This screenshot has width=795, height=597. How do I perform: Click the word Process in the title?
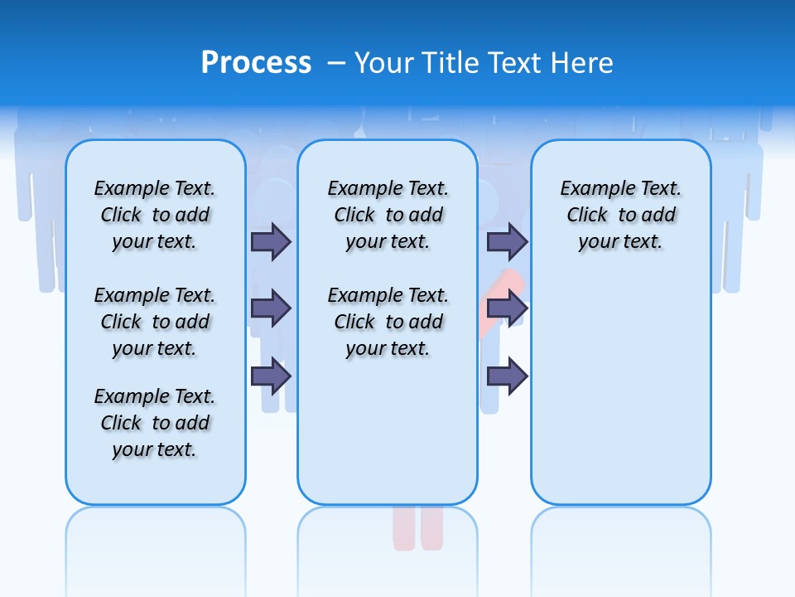click(x=256, y=63)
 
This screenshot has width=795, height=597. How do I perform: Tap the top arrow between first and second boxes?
click(x=271, y=241)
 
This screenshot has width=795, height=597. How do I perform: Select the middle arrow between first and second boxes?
click(x=271, y=308)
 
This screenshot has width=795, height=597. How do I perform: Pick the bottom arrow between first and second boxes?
click(x=271, y=376)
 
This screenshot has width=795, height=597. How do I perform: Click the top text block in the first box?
click(x=155, y=215)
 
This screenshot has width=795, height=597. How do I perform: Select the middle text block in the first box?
click(x=155, y=322)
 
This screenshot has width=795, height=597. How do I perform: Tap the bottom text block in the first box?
click(x=155, y=423)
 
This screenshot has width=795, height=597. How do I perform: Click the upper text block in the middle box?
click(x=388, y=215)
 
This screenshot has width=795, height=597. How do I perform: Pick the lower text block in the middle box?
click(x=388, y=322)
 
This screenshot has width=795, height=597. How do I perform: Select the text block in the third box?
click(x=621, y=215)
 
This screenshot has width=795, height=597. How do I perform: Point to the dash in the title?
click(x=336, y=63)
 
